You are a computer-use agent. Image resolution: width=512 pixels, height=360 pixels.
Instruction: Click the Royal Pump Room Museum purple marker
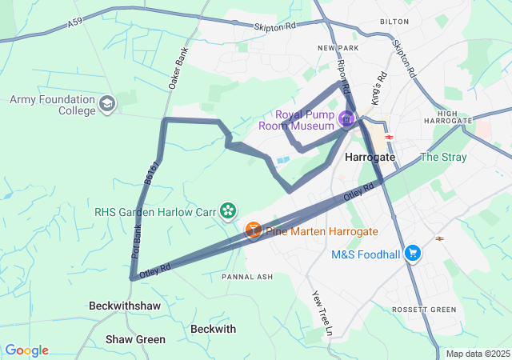click(x=346, y=119)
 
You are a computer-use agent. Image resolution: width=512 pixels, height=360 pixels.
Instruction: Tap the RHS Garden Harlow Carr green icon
click(x=228, y=211)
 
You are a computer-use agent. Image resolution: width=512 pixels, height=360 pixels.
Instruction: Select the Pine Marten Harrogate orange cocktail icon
click(x=253, y=231)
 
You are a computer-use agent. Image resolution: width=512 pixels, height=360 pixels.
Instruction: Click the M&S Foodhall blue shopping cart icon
click(x=413, y=254)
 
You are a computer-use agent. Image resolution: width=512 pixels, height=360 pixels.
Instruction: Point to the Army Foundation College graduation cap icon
click(x=107, y=104)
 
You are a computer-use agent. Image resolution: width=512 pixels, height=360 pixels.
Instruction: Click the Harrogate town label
click(x=370, y=158)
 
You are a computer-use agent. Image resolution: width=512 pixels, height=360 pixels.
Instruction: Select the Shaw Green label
click(x=135, y=339)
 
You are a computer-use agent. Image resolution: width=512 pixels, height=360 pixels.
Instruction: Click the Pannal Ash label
click(x=247, y=277)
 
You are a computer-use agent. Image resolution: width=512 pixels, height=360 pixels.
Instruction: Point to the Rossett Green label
click(x=424, y=310)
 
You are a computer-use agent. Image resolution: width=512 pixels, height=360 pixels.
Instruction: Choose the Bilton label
click(x=394, y=22)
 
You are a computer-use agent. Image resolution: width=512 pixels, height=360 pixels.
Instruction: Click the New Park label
click(x=337, y=48)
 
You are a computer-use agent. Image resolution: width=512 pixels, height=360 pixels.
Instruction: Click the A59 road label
click(x=75, y=26)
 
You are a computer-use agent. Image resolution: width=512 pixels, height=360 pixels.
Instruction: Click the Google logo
click(x=26, y=350)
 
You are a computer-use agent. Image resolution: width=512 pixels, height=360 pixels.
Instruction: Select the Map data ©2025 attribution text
click(x=477, y=354)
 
